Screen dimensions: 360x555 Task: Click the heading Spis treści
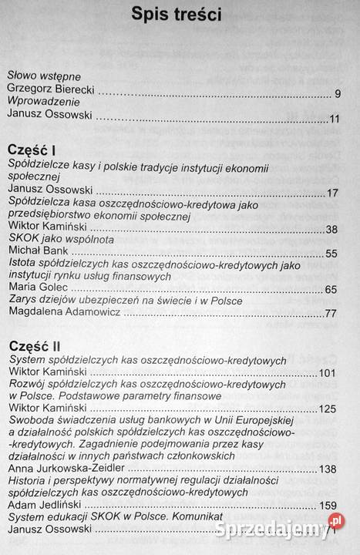[177, 15]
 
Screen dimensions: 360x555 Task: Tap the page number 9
[338, 94]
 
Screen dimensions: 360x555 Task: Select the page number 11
[334, 119]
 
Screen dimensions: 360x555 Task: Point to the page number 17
[333, 193]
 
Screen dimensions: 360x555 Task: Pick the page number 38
[332, 230]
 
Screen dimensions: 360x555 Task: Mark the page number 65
[332, 289]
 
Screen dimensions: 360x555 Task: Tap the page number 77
[332, 314]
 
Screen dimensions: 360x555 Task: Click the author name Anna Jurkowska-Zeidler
[68, 469]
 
